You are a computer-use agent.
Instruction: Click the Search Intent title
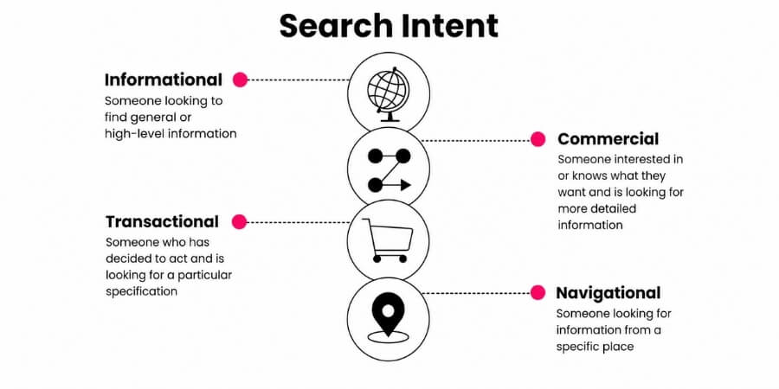[389, 26]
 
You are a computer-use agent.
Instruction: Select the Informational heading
[164, 80]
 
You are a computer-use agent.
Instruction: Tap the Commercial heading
[608, 139]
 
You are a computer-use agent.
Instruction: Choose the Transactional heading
[162, 221]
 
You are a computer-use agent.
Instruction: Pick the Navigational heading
[608, 293]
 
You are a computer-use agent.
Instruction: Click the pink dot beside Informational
[240, 80]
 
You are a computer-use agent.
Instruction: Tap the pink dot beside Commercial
[538, 139]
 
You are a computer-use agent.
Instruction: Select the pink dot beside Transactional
[240, 222]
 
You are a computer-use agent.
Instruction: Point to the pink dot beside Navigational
[538, 293]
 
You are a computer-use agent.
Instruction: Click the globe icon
[388, 94]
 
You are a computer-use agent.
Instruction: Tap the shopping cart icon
[388, 240]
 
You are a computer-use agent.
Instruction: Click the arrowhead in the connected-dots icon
[405, 186]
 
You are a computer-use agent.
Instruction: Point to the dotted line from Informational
[298, 80]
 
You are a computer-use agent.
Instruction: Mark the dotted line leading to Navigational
[476, 293]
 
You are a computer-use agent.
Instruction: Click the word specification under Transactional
[142, 291]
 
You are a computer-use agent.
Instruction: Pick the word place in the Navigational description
[615, 347]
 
